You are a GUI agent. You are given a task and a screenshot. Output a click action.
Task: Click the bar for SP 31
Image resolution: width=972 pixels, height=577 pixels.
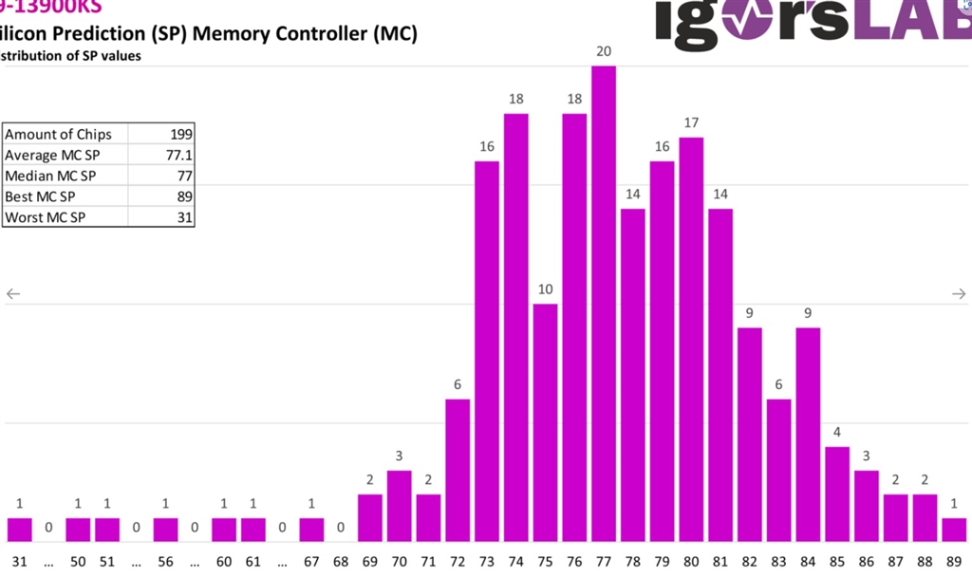(x=19, y=530)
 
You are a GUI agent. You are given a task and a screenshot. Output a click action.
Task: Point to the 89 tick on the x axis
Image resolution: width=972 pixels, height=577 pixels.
(x=954, y=561)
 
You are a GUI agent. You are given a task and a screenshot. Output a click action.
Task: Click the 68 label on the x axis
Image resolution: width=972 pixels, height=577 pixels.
(x=341, y=561)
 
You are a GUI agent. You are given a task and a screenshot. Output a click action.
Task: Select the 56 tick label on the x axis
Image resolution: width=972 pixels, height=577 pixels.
(x=165, y=561)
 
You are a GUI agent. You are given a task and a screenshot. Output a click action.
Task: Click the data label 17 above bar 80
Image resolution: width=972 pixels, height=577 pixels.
(x=691, y=122)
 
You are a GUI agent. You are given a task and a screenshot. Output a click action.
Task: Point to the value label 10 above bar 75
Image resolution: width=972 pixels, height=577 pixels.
(x=545, y=289)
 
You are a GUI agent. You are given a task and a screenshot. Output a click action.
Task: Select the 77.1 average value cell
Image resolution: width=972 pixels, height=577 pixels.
(x=179, y=155)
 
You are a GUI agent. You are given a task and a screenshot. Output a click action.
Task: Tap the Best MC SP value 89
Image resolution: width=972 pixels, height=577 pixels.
(x=184, y=196)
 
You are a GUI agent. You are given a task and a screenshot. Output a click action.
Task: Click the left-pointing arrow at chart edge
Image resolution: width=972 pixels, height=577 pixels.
(x=13, y=294)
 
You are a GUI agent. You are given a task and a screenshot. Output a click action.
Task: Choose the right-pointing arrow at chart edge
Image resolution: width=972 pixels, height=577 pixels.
(x=959, y=294)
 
